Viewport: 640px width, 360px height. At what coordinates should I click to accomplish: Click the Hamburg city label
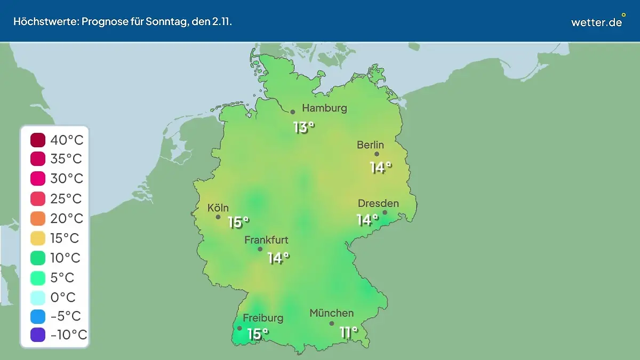pos(324,108)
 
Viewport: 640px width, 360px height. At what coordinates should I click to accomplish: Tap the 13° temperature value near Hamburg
pos(304,127)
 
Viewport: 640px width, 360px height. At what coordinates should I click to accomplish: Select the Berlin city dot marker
pos(377,154)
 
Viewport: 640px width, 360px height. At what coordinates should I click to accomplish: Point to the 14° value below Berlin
pos(381,167)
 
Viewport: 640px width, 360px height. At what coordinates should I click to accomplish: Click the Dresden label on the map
pos(378,203)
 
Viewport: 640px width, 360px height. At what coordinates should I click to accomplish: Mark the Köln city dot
pos(218,217)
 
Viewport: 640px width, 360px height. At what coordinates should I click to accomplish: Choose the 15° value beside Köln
pos(238,222)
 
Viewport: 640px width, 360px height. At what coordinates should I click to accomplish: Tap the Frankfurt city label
pos(266,240)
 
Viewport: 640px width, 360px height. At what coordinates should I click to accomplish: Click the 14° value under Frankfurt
pos(278,258)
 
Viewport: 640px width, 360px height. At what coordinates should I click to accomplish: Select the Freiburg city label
pos(263,318)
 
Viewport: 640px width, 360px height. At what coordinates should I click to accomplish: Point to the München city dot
pos(332,323)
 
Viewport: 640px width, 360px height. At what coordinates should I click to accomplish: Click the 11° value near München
pos(348,332)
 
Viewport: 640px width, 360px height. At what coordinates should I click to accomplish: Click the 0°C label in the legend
pos(63,297)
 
